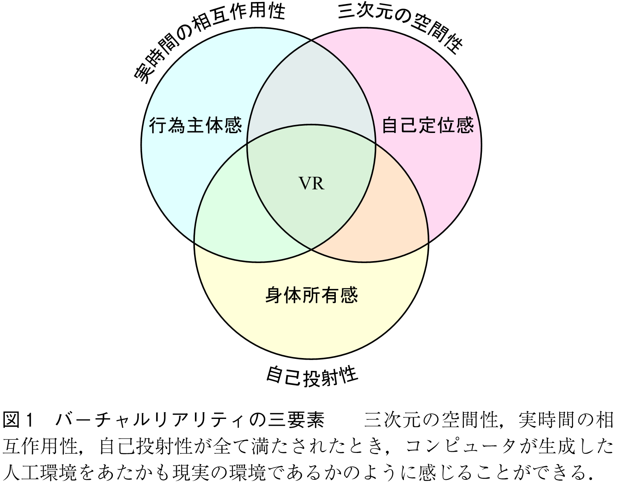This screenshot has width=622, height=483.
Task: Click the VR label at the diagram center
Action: (311, 184)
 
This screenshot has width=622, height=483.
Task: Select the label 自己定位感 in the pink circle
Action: (428, 125)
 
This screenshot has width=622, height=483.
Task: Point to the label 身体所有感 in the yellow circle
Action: (311, 295)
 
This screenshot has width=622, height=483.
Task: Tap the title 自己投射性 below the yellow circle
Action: (311, 375)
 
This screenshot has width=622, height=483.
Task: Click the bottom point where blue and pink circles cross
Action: (311, 249)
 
